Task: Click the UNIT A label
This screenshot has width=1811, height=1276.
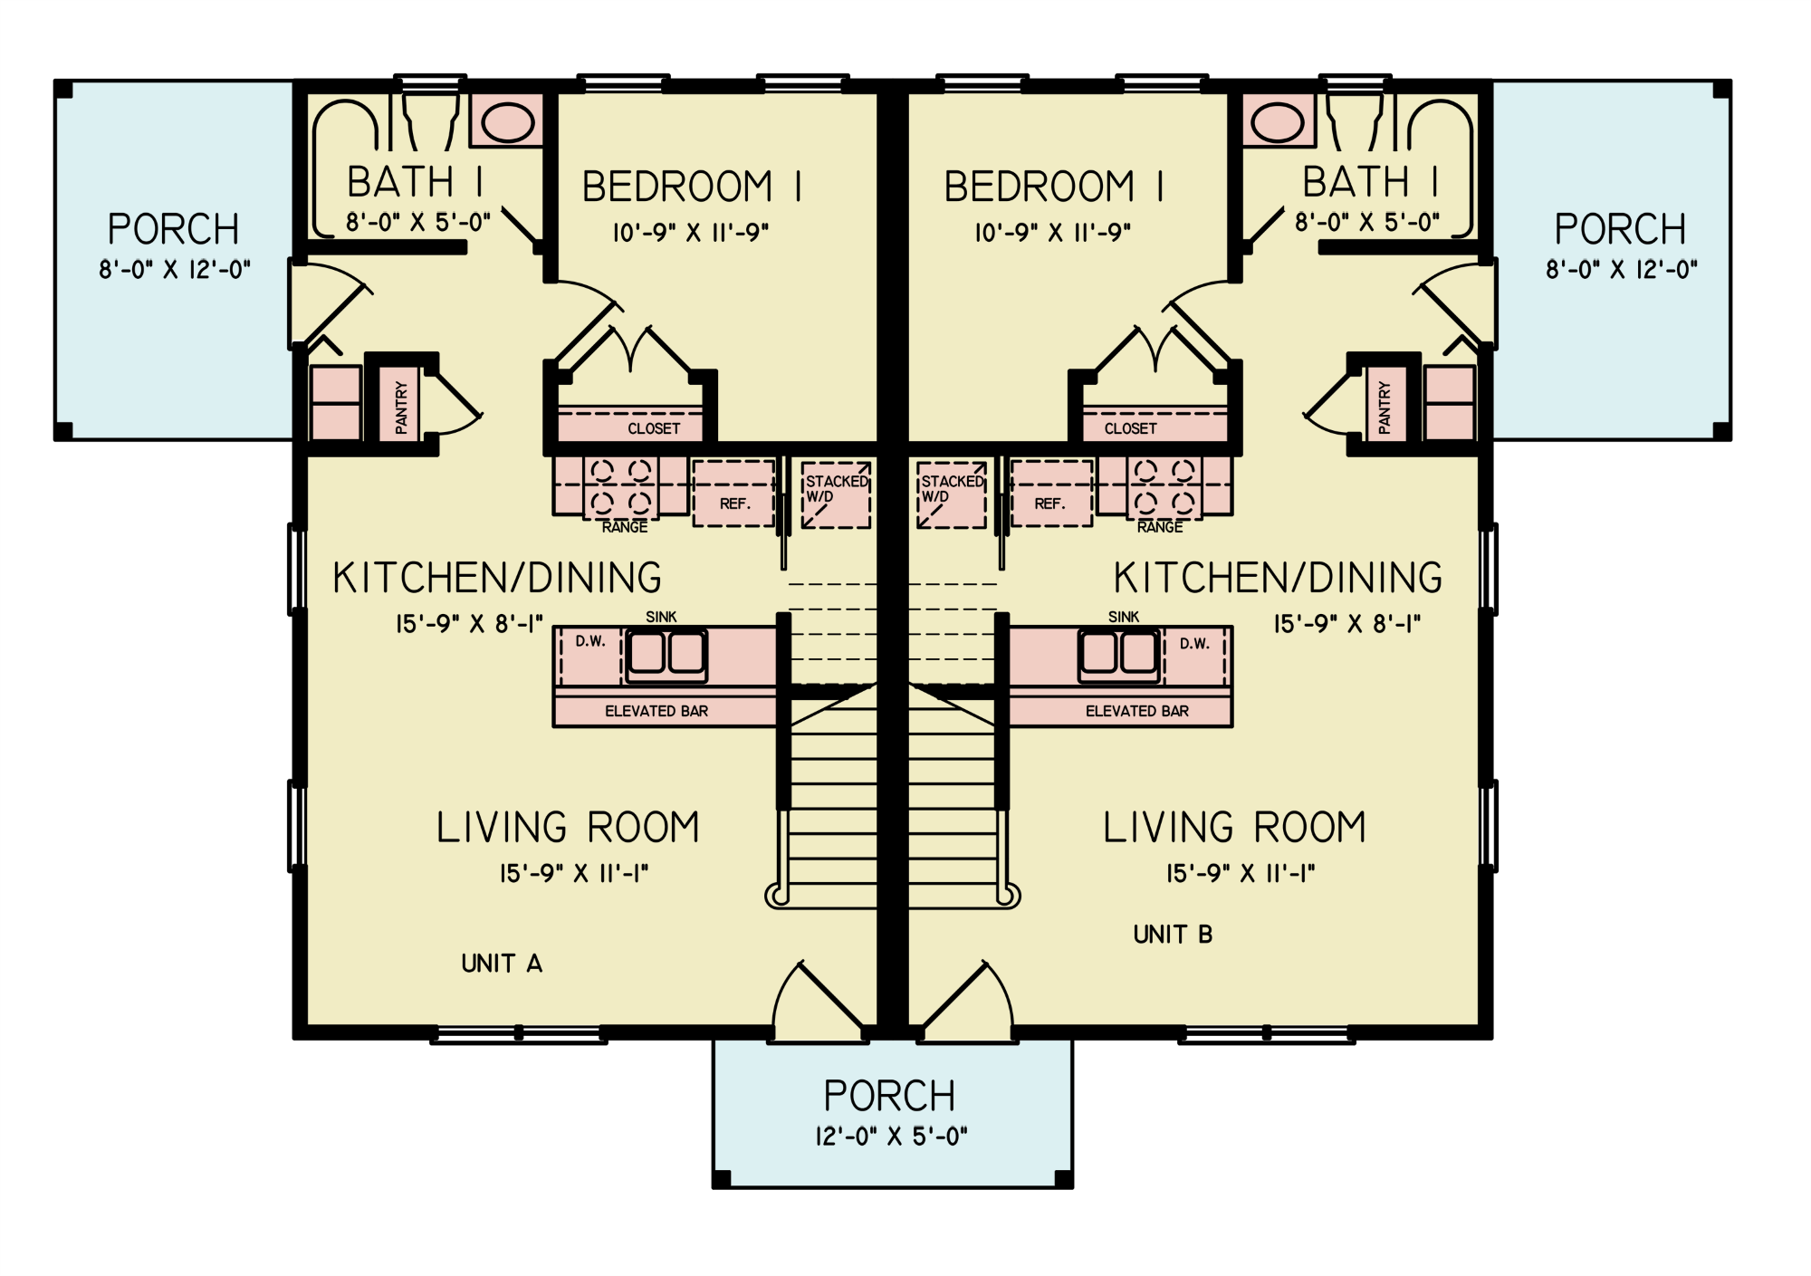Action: pos(502,964)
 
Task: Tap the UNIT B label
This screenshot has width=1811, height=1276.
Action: pos(1173,935)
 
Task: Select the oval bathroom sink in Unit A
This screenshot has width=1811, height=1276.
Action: pos(507,122)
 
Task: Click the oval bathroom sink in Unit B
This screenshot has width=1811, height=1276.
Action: pos(1278,122)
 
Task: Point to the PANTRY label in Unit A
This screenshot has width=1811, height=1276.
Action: pos(401,406)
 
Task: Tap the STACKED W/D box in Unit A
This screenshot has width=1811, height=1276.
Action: pos(836,494)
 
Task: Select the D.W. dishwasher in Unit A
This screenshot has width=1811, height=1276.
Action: pos(590,654)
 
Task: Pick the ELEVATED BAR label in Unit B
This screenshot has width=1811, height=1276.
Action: pos(1136,712)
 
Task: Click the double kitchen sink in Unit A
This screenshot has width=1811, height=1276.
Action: pos(667,653)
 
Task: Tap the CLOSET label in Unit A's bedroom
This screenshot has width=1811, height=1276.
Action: pos(653,428)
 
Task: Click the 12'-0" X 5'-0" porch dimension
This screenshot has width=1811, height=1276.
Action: pos(891,1137)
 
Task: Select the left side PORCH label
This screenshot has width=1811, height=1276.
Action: pos(173,229)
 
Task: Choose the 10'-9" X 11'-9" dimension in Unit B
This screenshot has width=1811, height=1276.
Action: pos(1052,233)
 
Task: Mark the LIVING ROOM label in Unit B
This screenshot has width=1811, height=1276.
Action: pos(1234,828)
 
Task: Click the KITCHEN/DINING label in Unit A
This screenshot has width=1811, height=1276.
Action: pos(497,578)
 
